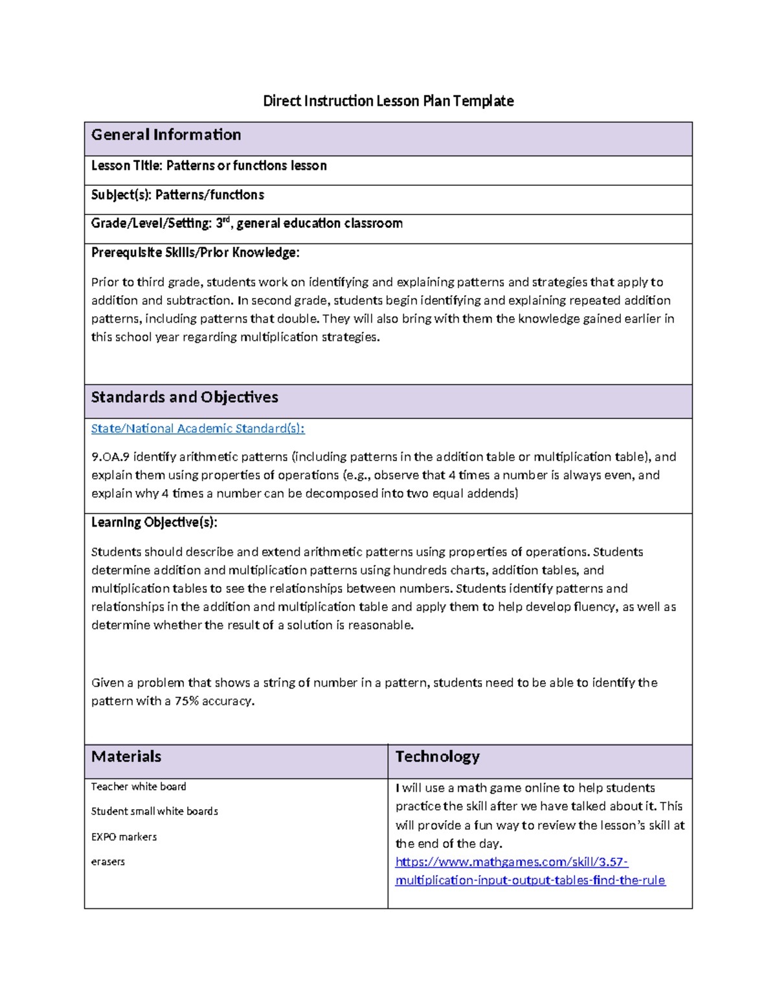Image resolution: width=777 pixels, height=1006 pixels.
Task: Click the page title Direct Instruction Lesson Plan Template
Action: [x=388, y=101]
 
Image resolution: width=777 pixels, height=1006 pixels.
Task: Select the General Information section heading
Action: [x=166, y=135]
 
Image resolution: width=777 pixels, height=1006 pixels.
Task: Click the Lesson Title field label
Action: [x=127, y=166]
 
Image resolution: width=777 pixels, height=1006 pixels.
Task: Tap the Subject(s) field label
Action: [x=122, y=195]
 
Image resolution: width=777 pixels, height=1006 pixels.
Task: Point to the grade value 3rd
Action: [x=223, y=223]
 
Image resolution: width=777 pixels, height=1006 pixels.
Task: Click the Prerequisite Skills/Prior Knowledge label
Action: [x=195, y=253]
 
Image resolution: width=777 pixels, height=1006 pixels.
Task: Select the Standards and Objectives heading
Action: [x=185, y=397]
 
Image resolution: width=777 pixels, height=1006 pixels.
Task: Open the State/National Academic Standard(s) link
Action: [x=197, y=428]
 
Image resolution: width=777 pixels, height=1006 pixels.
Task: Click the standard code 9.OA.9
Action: [x=110, y=457]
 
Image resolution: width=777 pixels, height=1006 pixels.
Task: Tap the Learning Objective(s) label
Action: [x=154, y=522]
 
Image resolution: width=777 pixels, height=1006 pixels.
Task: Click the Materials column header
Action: [x=126, y=757]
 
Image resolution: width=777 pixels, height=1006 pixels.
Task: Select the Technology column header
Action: [x=437, y=757]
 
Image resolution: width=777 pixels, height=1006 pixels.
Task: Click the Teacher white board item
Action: [x=139, y=786]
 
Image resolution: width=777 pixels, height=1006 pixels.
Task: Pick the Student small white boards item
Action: [x=154, y=811]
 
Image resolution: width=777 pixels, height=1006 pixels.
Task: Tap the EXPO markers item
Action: [x=124, y=837]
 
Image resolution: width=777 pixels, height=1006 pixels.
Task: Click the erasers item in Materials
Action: [x=107, y=862]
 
